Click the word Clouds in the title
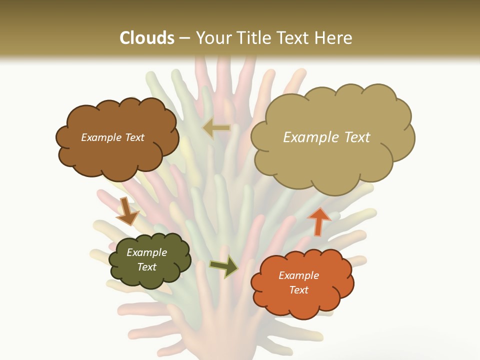pos(147,38)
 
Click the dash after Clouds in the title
pos(184,38)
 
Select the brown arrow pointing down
pos(127,211)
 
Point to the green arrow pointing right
pos(224,265)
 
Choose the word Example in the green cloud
pos(146,252)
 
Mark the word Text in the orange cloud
pos(298,290)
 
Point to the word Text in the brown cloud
pos(134,137)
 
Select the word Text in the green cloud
pos(146,267)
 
